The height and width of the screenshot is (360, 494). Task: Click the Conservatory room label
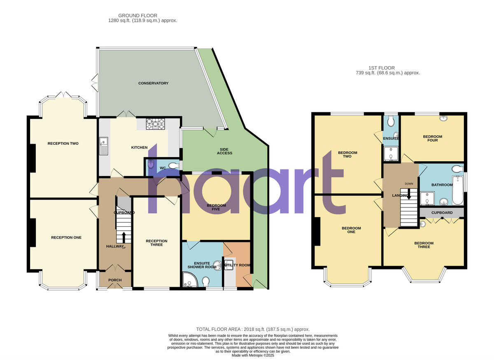(x=153, y=83)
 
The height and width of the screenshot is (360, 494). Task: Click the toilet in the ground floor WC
(x=174, y=165)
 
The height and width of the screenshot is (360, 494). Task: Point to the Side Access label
(x=224, y=151)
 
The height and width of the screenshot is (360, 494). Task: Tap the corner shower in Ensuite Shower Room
(x=189, y=281)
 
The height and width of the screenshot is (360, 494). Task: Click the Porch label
(x=115, y=280)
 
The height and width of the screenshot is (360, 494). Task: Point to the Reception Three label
(x=156, y=243)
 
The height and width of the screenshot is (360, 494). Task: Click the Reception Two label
(x=63, y=144)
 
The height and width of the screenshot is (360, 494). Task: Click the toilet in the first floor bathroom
(x=456, y=169)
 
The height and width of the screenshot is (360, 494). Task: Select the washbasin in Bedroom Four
(x=444, y=118)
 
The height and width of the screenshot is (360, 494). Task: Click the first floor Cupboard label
(x=442, y=213)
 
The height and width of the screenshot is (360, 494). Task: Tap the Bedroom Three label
(x=424, y=245)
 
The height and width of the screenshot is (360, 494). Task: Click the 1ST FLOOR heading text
(x=381, y=68)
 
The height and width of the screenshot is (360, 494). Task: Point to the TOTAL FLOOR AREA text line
(x=253, y=329)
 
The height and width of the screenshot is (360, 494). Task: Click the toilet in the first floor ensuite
(x=391, y=121)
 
